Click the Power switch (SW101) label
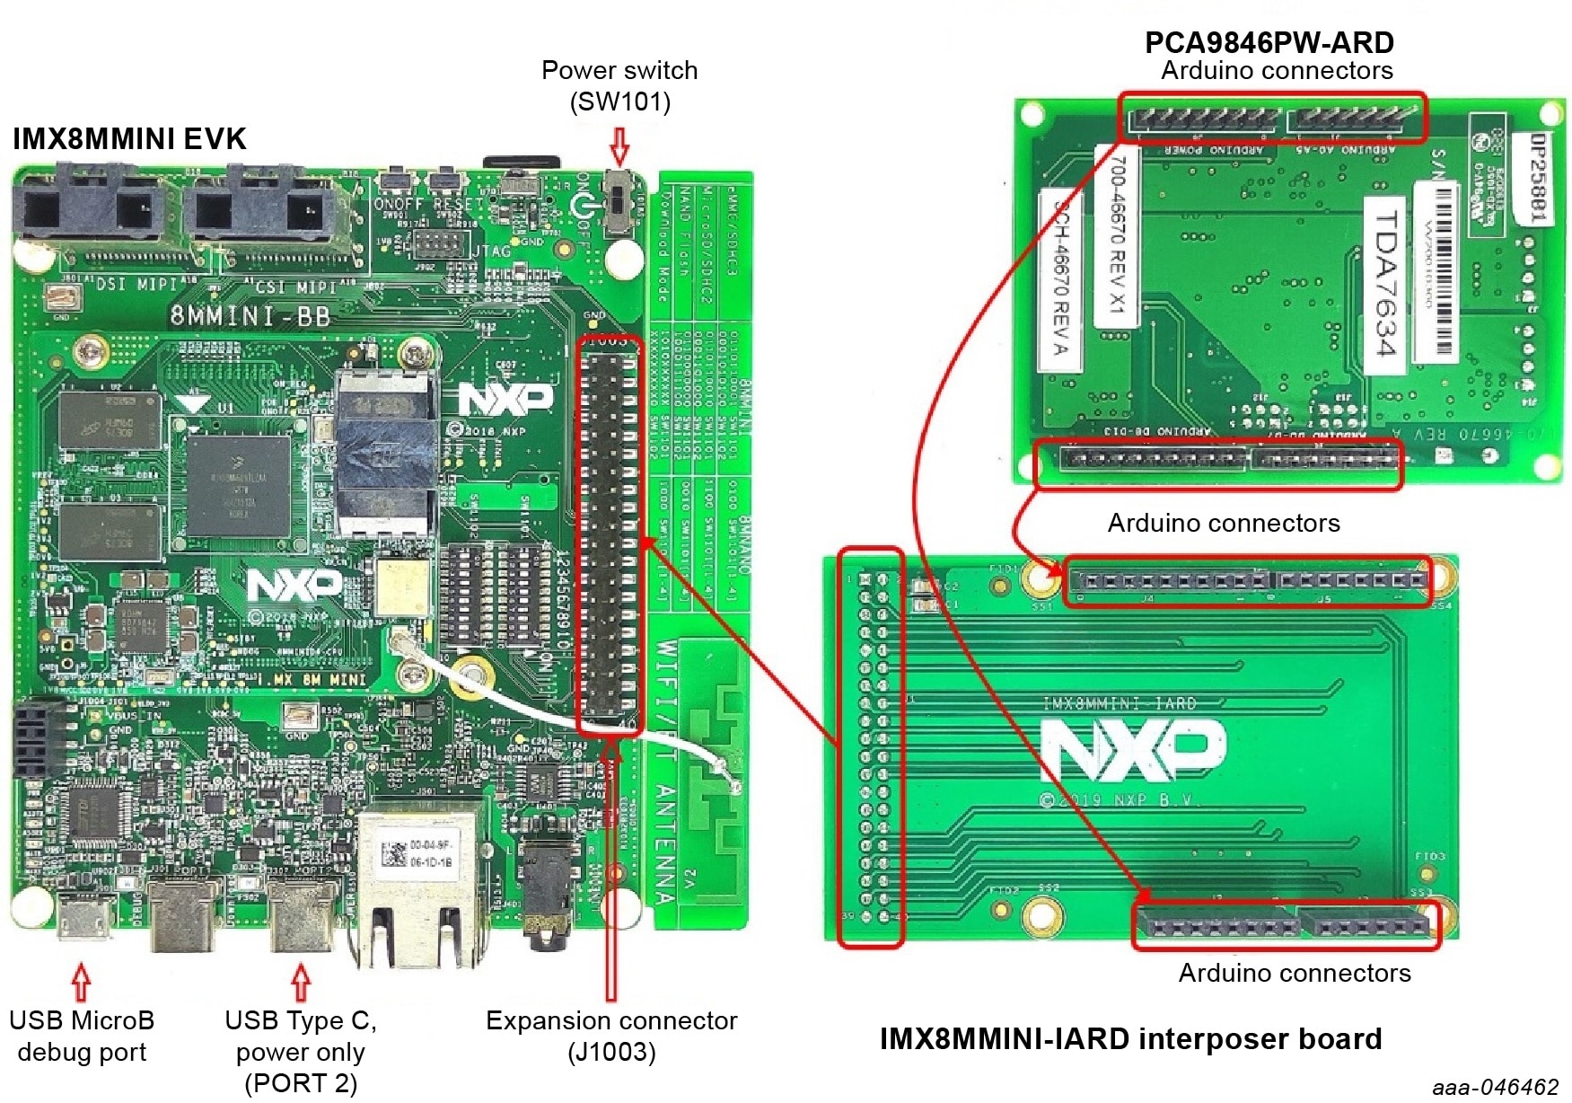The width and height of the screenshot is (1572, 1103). (619, 85)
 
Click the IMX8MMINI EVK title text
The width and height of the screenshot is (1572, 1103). (129, 139)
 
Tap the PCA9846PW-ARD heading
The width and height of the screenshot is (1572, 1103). (1269, 42)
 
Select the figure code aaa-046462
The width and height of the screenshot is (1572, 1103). (1495, 1087)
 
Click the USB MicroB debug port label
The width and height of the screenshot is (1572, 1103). (82, 1036)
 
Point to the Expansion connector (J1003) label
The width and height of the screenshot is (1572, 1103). (611, 1036)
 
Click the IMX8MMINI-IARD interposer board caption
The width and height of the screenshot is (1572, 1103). (1130, 1039)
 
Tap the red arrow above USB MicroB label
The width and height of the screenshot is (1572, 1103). (81, 982)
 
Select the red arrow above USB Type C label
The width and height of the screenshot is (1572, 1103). (301, 982)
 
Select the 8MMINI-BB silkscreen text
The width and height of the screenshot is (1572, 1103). (250, 316)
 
